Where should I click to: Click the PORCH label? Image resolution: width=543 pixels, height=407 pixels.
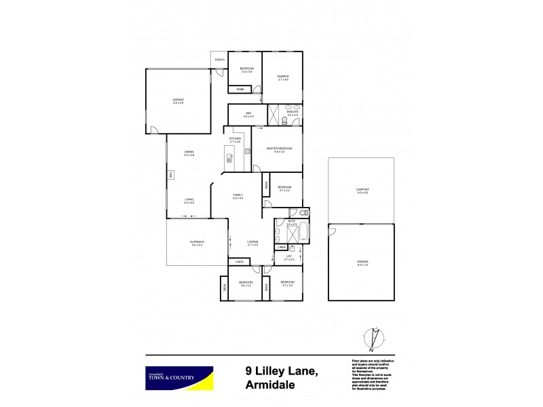click(x=219, y=60)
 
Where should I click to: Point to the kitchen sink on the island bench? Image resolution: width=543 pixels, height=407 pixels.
click(x=229, y=157)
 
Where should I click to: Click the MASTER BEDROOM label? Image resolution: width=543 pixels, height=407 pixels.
click(x=279, y=149)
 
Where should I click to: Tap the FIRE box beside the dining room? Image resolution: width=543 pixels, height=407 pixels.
click(x=172, y=175)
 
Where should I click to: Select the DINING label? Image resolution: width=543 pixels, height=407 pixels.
click(x=189, y=153)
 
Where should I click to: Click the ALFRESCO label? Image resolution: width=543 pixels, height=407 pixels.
click(x=198, y=244)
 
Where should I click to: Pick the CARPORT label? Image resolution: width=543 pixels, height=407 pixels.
click(x=362, y=191)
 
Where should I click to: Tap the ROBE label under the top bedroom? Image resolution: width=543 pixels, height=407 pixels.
click(x=240, y=90)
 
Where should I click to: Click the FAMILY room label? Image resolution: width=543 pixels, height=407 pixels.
click(x=238, y=196)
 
